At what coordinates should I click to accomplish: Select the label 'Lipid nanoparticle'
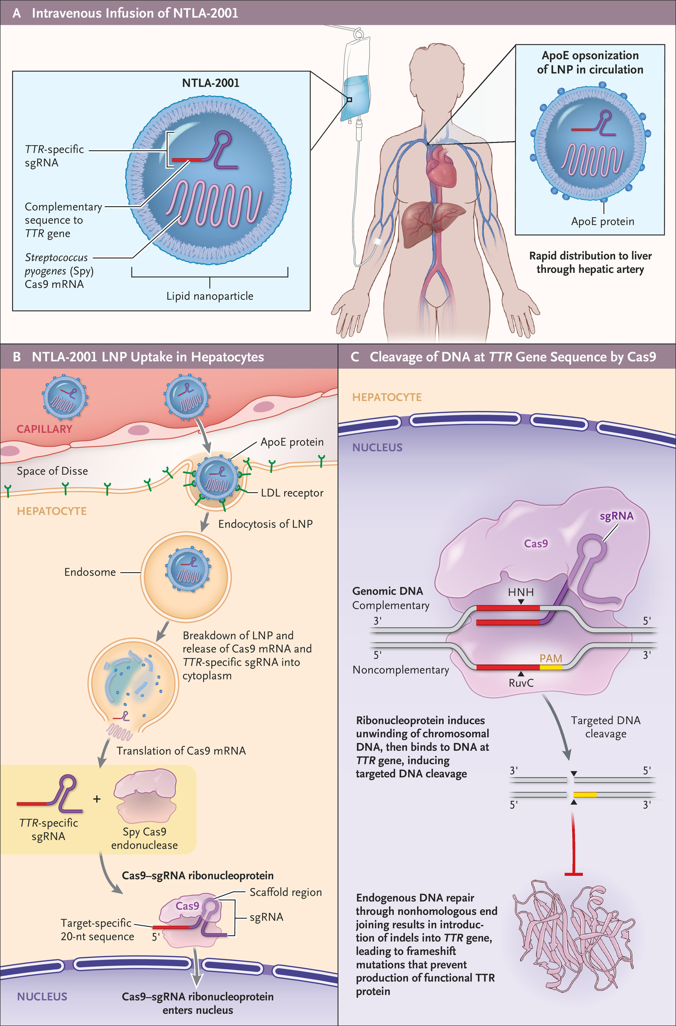pyautogui.click(x=210, y=296)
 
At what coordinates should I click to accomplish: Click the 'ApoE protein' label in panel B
pyautogui.click(x=292, y=442)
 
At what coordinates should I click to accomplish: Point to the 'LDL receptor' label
pyautogui.click(x=292, y=493)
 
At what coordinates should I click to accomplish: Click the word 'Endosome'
pyautogui.click(x=90, y=572)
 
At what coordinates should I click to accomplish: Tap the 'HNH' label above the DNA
pyautogui.click(x=521, y=592)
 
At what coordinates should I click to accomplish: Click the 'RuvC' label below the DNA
pyautogui.click(x=521, y=683)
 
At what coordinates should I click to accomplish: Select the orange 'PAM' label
pyautogui.click(x=551, y=658)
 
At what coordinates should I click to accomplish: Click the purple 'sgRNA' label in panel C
pyautogui.click(x=617, y=516)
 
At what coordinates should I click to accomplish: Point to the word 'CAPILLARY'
pyautogui.click(x=44, y=429)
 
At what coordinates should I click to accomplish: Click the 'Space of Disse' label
pyautogui.click(x=52, y=471)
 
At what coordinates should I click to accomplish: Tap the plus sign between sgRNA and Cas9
pyautogui.click(x=97, y=799)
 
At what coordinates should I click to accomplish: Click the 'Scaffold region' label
pyautogui.click(x=285, y=892)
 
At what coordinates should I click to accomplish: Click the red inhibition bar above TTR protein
pyautogui.click(x=573, y=874)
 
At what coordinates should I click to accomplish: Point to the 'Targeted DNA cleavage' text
pyautogui.click(x=605, y=727)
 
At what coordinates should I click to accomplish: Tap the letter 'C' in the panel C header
pyautogui.click(x=355, y=357)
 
